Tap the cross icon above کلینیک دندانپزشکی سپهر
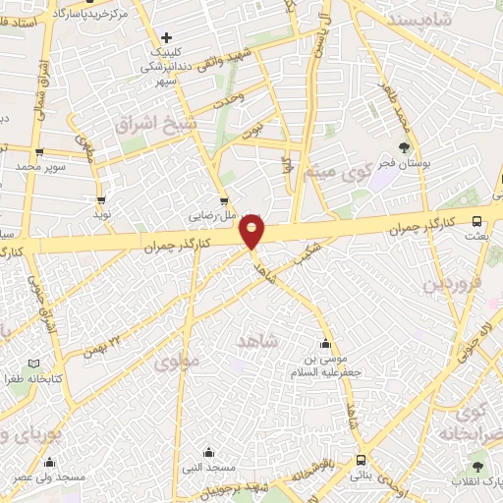(167, 37)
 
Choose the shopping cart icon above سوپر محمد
(38, 152)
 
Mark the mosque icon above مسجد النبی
(208, 453)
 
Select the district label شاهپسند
(421, 20)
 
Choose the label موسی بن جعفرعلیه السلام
(325, 365)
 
